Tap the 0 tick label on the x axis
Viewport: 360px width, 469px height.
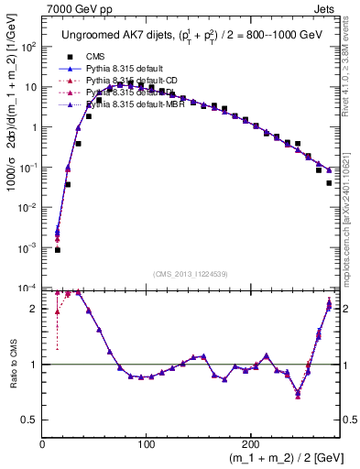[x=43, y=445]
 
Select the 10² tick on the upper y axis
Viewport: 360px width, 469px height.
[x=28, y=47]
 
